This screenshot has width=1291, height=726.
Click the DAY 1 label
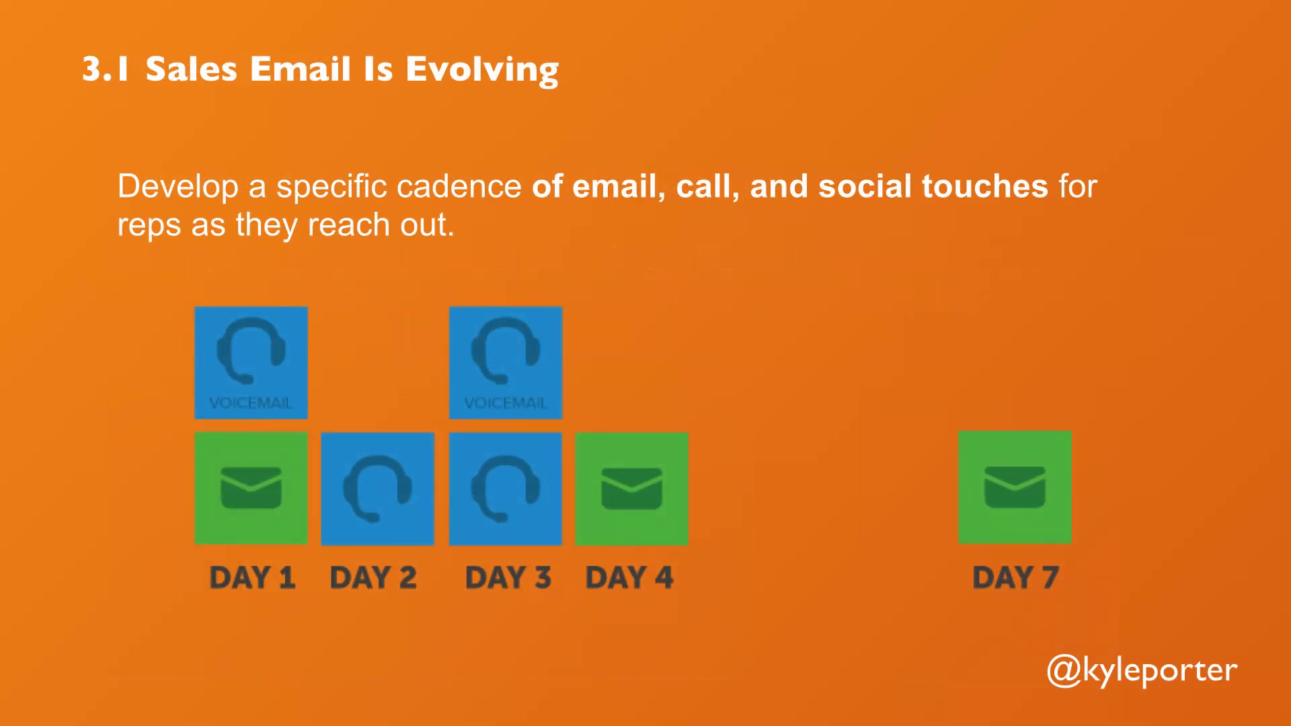252,577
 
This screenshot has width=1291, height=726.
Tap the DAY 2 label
373,577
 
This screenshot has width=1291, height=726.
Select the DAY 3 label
508,577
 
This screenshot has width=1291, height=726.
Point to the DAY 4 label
629,577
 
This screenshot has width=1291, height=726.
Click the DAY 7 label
1015,577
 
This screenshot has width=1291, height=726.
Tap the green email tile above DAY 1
251,488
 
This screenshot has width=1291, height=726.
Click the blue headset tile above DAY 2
377,489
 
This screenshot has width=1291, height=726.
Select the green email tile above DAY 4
631,489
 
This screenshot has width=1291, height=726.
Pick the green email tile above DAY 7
1015,487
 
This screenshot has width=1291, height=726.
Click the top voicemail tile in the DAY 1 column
251,363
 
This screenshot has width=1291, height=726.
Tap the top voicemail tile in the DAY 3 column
506,363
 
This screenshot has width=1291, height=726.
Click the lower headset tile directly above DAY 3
506,489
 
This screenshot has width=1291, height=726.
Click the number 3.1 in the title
105,69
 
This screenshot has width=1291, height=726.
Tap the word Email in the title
301,69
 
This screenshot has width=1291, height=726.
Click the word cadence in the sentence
459,186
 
